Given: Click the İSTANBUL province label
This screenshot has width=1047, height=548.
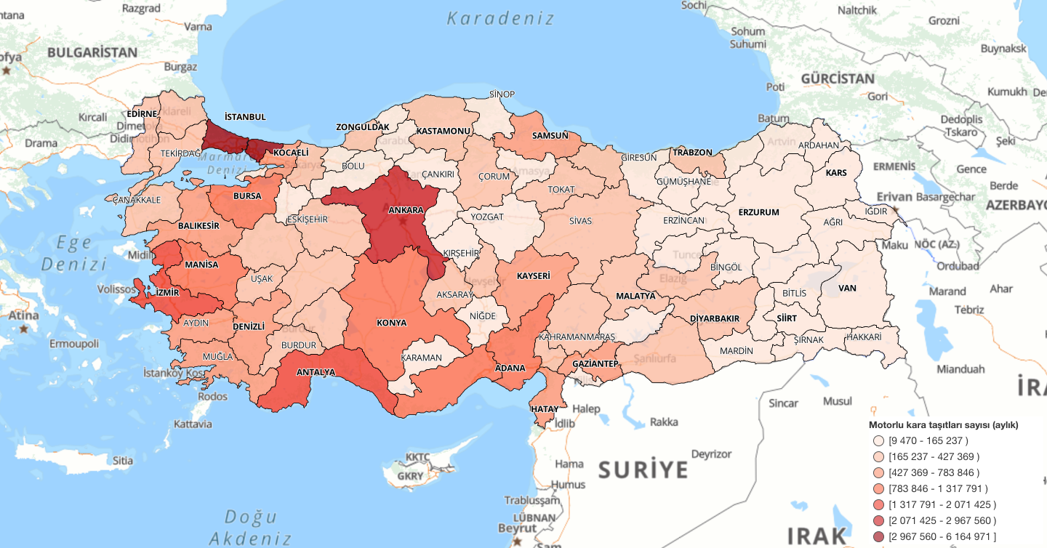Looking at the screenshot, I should [x=245, y=116].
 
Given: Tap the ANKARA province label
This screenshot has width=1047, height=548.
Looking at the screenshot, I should [x=406, y=210].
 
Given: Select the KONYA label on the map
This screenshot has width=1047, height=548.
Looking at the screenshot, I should [x=391, y=322].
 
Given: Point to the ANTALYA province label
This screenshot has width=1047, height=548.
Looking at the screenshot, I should [x=316, y=372].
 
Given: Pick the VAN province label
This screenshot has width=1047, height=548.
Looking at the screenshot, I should [x=847, y=288].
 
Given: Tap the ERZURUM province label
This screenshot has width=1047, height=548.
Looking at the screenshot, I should [x=758, y=212].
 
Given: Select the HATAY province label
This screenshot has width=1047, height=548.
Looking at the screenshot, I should [x=545, y=409].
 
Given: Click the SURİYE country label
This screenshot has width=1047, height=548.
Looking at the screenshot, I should [x=643, y=470].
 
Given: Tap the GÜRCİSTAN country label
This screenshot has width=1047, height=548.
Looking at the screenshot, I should [x=838, y=78].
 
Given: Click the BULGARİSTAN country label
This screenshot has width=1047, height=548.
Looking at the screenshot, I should [x=92, y=52].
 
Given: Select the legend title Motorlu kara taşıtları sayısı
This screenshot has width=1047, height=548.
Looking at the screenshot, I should [x=943, y=425].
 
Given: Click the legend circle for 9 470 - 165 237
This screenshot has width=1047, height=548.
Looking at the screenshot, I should [x=878, y=441].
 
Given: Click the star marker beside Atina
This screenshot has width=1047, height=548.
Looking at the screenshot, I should [x=24, y=329].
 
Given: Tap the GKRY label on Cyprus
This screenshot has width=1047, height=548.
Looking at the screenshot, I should [x=410, y=476].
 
